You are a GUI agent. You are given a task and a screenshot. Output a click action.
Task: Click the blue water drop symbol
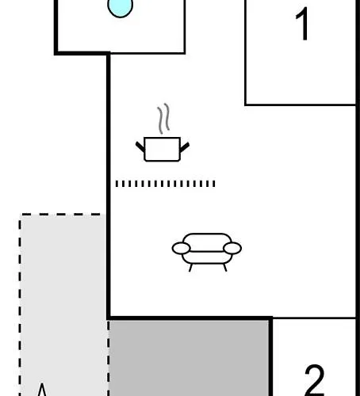click(121, 7)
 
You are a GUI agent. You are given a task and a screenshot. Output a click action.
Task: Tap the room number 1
click(302, 24)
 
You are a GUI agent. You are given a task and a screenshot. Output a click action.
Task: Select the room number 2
click(315, 380)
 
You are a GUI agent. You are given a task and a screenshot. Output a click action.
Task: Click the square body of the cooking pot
click(163, 149)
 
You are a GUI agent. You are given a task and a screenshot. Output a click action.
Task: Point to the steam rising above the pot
click(163, 118)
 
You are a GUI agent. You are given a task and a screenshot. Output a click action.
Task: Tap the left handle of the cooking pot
click(140, 147)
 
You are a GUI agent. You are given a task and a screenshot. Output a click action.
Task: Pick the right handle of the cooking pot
click(185, 147)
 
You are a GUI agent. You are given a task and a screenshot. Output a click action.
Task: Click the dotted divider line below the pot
click(166, 184)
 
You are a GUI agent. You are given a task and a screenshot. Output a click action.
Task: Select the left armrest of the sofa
click(181, 248)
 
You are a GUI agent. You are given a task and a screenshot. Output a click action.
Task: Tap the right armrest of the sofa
click(232, 248)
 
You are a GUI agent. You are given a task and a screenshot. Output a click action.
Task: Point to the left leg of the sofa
click(190, 268)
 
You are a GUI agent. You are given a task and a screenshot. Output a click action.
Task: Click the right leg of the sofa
click(225, 268)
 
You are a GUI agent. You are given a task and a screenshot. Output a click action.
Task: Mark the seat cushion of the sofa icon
click(207, 258)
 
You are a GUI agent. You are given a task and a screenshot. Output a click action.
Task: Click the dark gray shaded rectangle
click(189, 358)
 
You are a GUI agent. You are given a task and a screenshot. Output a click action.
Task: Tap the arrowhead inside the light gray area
click(42, 390)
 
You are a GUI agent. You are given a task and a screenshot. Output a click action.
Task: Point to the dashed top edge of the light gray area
click(60, 215)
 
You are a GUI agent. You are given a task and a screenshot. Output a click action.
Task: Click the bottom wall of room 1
click(301, 105)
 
